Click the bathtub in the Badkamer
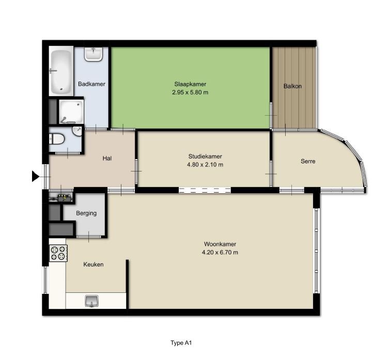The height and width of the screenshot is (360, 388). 61,71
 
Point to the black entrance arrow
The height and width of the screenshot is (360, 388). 36,177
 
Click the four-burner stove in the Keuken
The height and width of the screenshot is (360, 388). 57,253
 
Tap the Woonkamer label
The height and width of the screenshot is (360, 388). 220,244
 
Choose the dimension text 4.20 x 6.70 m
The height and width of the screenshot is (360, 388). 220,253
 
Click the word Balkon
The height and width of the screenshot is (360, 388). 292,86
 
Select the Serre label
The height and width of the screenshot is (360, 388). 308,161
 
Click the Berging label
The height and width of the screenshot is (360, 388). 87,213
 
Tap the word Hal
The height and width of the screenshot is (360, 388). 107,159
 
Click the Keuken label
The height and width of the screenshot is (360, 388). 94,264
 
